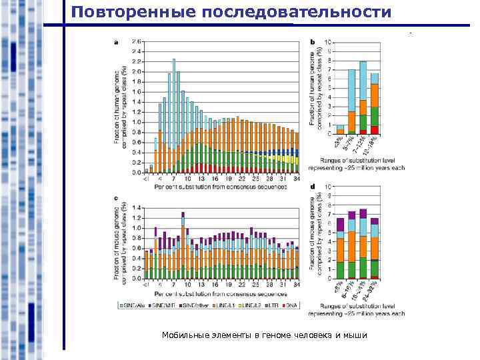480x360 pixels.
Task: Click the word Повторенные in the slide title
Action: (127, 12)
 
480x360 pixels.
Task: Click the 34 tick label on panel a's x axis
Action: (296, 179)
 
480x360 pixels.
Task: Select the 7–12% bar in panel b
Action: (363, 97)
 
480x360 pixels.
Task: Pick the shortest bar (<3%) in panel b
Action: (340, 129)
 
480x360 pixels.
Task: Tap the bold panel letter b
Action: (312, 41)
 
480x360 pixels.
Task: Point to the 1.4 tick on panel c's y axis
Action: (137, 207)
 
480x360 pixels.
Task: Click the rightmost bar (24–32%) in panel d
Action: (375, 247)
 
